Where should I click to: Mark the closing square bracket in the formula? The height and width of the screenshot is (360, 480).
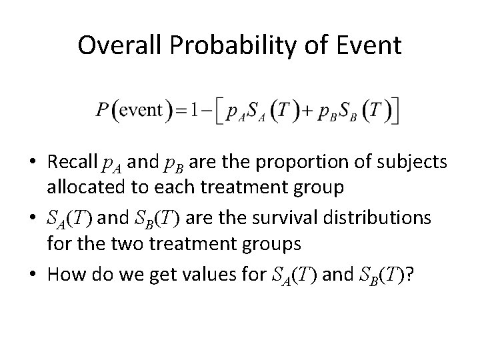click(396, 111)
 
